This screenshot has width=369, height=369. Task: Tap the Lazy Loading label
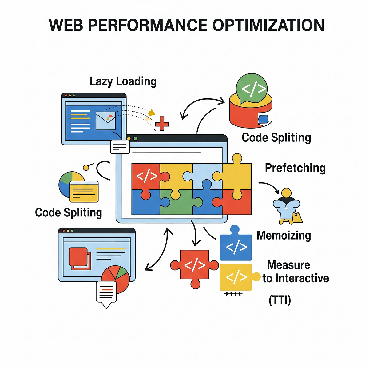(x=123, y=81)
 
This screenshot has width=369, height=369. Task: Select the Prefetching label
(x=295, y=168)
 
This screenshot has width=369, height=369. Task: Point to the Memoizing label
(x=284, y=235)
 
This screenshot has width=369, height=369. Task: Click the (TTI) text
(x=280, y=300)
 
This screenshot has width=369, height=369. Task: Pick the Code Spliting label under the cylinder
(x=276, y=137)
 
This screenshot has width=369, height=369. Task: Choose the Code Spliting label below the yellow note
(x=68, y=212)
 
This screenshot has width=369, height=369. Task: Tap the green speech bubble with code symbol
(x=252, y=88)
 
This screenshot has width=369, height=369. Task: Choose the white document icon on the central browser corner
(x=120, y=147)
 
